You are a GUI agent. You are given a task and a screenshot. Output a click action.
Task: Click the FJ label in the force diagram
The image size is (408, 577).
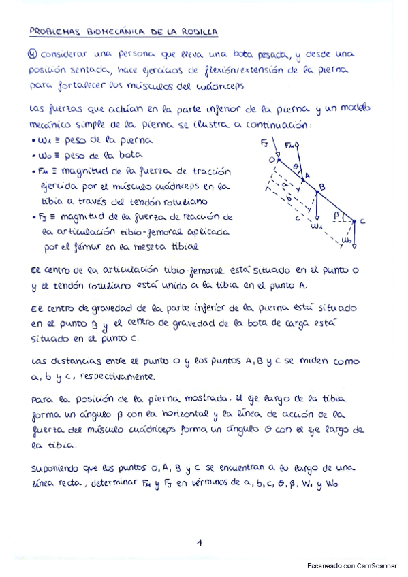tap(264, 144)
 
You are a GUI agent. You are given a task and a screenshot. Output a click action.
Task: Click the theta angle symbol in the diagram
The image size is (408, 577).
tap(294, 165)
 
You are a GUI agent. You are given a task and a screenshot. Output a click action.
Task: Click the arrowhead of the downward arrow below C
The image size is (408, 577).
tap(354, 246)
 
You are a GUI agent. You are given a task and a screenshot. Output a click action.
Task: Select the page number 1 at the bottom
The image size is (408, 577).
tap(200, 542)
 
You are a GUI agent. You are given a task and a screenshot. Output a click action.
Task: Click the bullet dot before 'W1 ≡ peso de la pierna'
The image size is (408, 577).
tap(33, 141)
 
